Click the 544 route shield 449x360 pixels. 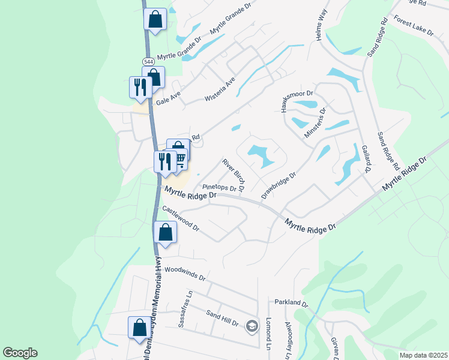click(148, 62)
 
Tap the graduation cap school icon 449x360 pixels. click(252, 325)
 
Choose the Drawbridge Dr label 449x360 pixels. click(279, 186)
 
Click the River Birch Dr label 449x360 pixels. click(233, 175)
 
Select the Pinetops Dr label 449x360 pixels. click(220, 188)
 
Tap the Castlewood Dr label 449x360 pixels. click(181, 219)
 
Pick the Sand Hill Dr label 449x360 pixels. click(222, 318)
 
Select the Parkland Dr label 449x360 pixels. click(291, 304)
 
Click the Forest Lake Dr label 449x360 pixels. click(414, 26)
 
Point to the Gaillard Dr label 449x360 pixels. click(366, 159)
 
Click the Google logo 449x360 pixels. click(20, 353)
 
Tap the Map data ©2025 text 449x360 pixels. click(423, 355)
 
